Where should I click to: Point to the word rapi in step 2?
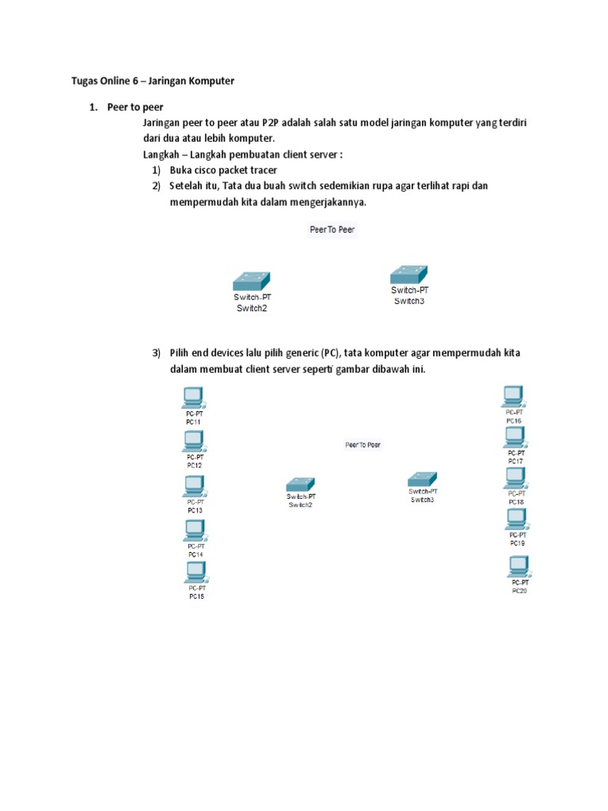click(462, 186)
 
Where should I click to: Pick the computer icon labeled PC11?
click(192, 397)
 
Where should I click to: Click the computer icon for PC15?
click(194, 573)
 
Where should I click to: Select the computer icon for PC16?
click(513, 395)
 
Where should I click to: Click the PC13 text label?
click(195, 511)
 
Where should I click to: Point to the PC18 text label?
click(515, 502)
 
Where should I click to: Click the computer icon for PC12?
click(193, 441)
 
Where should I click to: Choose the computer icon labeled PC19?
click(516, 519)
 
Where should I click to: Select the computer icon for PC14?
click(194, 531)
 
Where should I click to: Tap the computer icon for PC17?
click(515, 437)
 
